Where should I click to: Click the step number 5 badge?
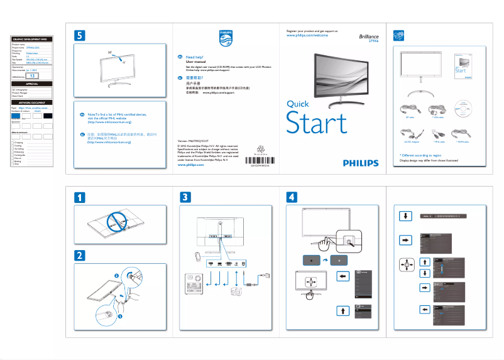pyautogui.click(x=79, y=36)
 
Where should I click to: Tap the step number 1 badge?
pyautogui.click(x=79, y=197)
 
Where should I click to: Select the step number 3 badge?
pyautogui.click(x=185, y=197)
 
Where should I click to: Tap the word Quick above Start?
pyautogui.click(x=297, y=104)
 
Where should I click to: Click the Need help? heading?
pyautogui.click(x=195, y=57)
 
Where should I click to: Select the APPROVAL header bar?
pyautogui.click(x=32, y=83)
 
